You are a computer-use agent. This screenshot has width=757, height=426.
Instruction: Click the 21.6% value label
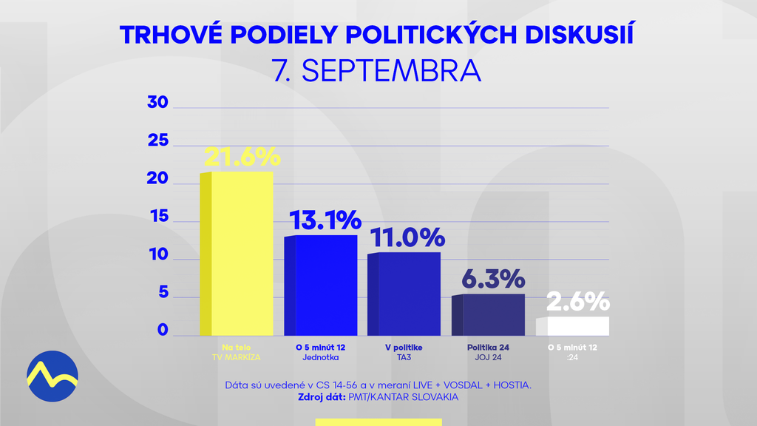242,156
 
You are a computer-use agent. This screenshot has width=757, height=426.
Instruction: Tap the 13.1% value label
325,220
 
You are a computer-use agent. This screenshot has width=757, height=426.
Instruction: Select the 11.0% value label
409,237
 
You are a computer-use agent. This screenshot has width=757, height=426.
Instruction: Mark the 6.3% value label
493,279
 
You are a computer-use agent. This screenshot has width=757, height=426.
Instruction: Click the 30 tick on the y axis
158,103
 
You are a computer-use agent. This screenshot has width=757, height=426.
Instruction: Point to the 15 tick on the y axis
158,218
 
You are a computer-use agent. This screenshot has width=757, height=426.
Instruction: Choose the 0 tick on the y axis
163,331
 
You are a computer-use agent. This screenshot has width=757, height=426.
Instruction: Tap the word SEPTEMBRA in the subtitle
392,71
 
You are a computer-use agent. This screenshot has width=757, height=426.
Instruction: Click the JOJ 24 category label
489,357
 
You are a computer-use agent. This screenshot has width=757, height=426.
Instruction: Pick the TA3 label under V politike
403,357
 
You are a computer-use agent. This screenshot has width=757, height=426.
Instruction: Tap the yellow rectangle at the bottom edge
378,422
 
